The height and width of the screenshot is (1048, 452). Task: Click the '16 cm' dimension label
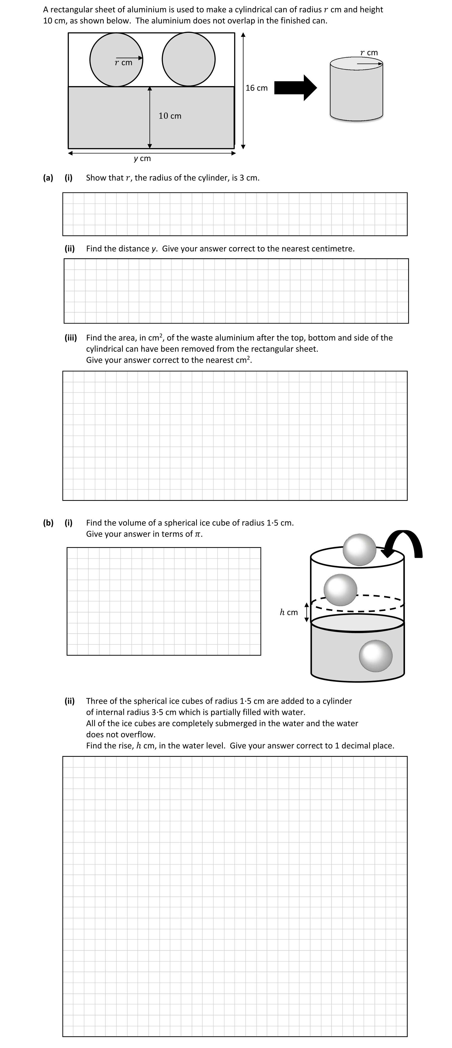(x=257, y=88)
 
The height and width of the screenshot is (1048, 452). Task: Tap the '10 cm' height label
(x=170, y=116)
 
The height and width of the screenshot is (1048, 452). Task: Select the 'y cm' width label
(x=142, y=158)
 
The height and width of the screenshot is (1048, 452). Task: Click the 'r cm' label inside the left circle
(x=124, y=63)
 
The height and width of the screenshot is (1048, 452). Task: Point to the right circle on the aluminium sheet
(x=189, y=59)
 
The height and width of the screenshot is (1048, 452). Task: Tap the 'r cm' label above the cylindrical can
(x=369, y=53)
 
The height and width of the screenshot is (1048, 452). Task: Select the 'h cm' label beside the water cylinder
(x=289, y=612)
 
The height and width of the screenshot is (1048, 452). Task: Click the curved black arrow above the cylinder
(x=405, y=543)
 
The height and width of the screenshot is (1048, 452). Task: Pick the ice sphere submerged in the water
(x=376, y=656)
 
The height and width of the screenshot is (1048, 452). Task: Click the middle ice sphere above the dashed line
(x=340, y=590)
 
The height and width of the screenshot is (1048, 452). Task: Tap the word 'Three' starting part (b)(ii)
(x=97, y=701)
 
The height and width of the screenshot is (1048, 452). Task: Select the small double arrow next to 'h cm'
(x=307, y=612)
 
